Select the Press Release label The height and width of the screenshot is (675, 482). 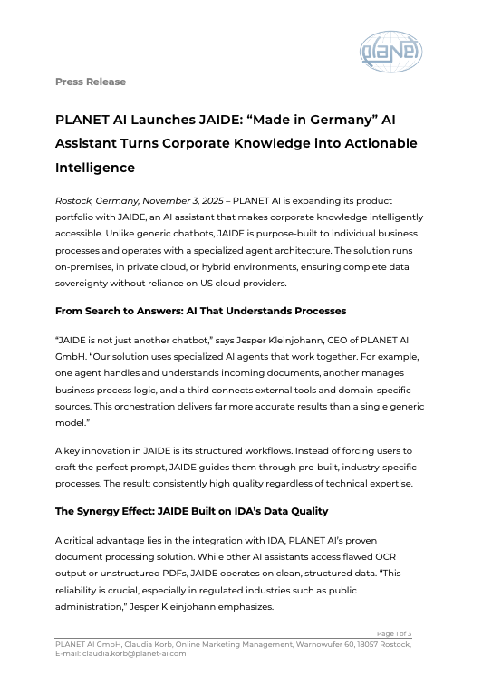[x=91, y=82]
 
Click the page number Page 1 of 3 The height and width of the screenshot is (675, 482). [x=394, y=632]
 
